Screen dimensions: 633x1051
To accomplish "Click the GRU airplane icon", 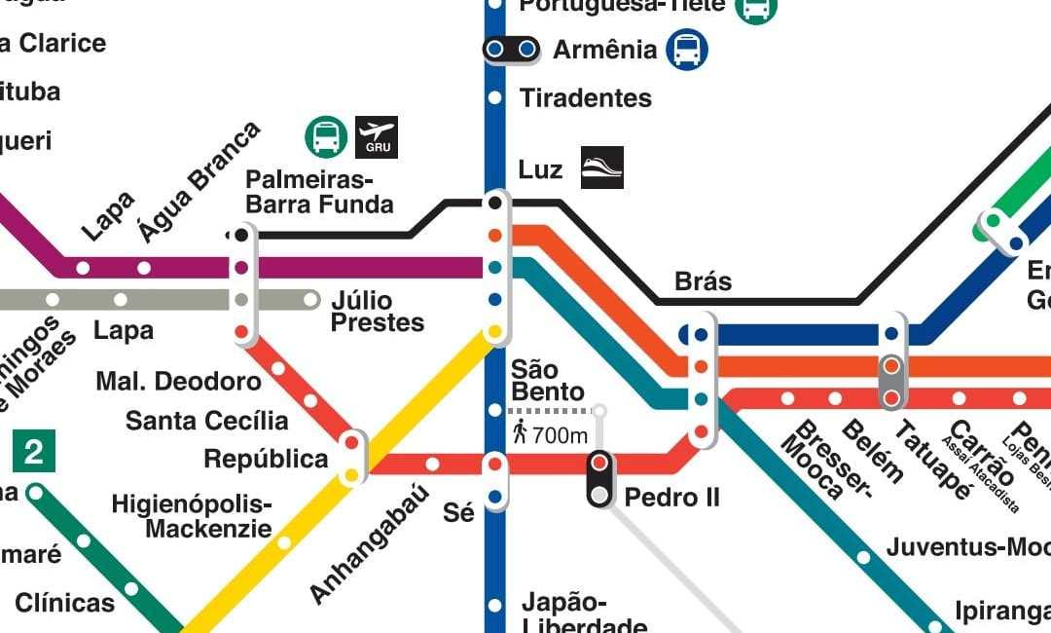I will pos(377,137).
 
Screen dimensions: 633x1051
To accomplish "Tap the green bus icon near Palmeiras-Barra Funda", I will pos(326,137).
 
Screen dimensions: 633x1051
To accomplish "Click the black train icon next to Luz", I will pos(601,168).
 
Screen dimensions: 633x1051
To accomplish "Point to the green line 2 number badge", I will pos(34,452).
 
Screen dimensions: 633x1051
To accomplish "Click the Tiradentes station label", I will pos(585,98).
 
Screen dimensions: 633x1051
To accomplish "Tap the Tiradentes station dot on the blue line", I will pos(495,97).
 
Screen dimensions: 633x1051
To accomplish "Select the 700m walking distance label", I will pos(551,435).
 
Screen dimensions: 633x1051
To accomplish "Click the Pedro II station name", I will pos(671,498).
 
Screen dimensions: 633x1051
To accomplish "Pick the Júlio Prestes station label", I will pos(378,311).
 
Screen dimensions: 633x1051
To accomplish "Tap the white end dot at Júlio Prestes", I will pos(311,299).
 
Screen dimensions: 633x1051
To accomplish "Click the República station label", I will pos(266,459).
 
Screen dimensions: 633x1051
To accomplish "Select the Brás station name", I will pos(703,281).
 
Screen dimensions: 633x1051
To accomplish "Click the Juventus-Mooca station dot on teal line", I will pos(863,558).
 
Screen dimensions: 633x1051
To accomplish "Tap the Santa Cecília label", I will pos(206,421).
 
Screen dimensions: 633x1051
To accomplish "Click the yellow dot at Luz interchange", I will pos(495,332).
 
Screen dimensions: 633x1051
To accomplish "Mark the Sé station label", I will pos(458,512).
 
